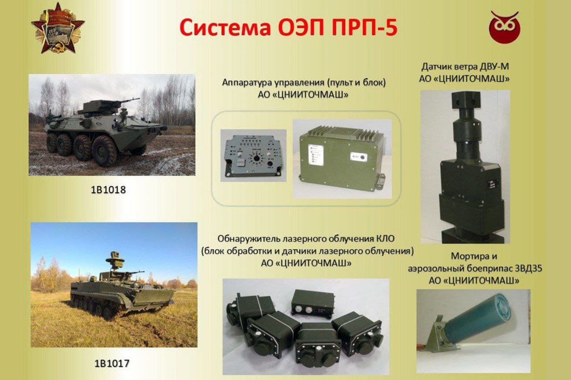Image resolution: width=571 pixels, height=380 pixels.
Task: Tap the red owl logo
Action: [x=504, y=28]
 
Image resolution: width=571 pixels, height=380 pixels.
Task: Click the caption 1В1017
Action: [x=112, y=363]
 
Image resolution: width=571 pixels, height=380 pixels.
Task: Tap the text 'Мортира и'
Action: [x=473, y=257]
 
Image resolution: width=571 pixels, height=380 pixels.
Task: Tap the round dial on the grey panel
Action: [x=256, y=158]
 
